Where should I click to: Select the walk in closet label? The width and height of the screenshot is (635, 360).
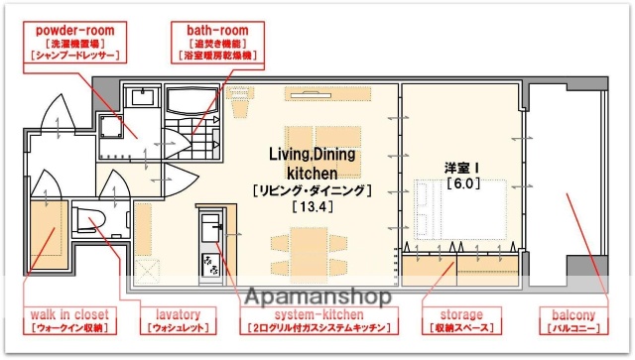click(69, 314)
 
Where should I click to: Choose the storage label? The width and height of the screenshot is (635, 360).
click(456, 314)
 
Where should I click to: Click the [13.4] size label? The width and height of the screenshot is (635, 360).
click(312, 207)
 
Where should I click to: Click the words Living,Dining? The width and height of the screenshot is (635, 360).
click(313, 154)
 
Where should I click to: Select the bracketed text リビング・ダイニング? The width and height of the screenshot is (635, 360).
click(313, 189)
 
